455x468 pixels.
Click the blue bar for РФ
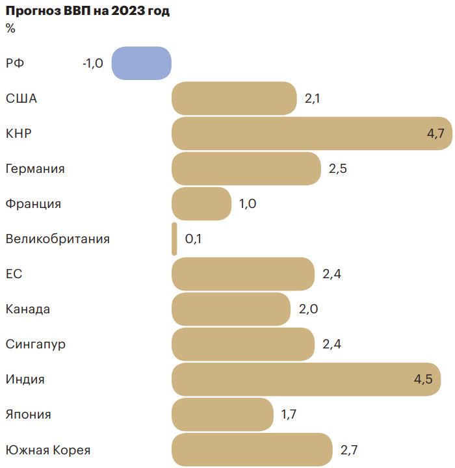[x=141, y=63]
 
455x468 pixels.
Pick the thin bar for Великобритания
[x=174, y=239]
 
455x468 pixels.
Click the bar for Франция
[x=201, y=203]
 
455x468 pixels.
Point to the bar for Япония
[x=222, y=414]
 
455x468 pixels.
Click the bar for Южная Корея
[x=252, y=449]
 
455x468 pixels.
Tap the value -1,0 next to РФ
[x=92, y=64]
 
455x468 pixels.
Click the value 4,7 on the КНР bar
[x=435, y=134]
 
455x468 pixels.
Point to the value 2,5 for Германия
[x=338, y=169]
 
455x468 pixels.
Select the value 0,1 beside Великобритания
[x=193, y=239]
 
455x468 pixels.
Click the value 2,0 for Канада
[x=308, y=309]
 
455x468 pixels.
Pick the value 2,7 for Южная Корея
[x=349, y=450]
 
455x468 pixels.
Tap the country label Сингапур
[x=35, y=344]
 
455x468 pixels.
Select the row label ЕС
[x=14, y=274]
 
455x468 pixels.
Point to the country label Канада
[x=27, y=309]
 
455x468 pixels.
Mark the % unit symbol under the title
[x=10, y=28]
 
